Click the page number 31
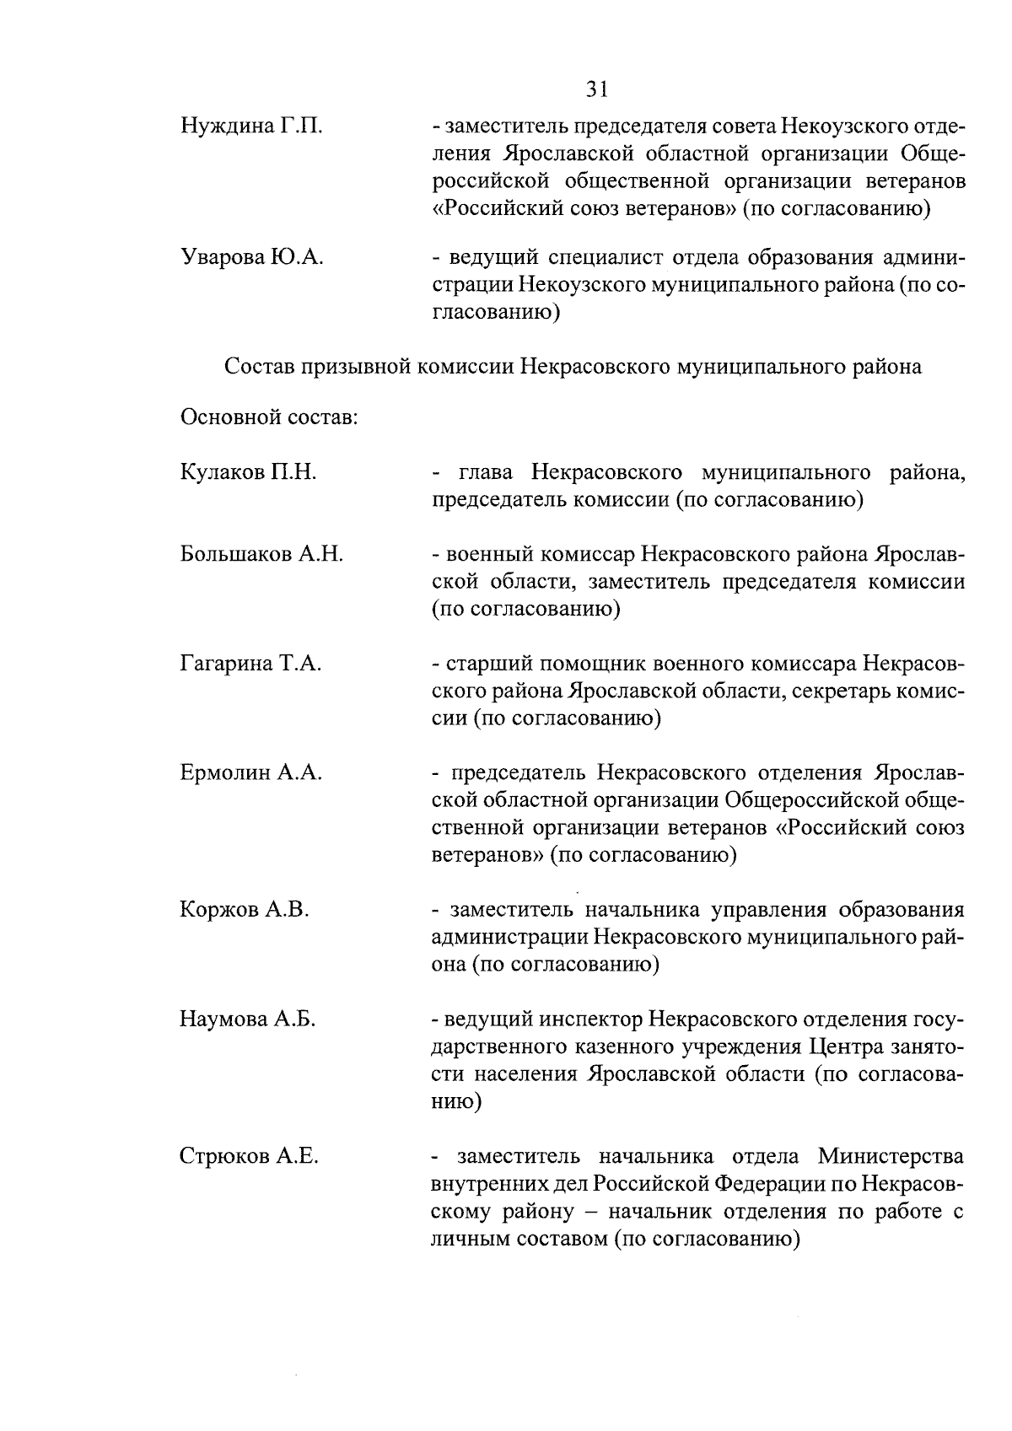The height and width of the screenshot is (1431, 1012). [597, 89]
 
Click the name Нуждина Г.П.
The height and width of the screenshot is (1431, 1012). [250, 127]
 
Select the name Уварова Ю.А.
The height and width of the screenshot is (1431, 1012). [252, 258]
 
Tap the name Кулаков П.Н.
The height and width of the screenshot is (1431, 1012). [248, 472]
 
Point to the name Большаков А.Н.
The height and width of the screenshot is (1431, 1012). [261, 555]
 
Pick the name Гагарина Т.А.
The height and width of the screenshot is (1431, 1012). [250, 664]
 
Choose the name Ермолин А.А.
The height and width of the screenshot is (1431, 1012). [250, 773]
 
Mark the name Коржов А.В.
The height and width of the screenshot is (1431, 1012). [245, 910]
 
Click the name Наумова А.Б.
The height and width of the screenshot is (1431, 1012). [247, 1019]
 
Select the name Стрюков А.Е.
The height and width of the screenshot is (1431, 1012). [249, 1156]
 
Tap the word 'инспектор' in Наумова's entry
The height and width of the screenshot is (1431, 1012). [587, 1020]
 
